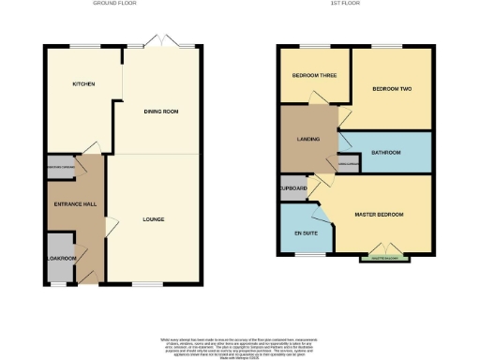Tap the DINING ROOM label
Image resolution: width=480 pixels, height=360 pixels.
click(x=160, y=112)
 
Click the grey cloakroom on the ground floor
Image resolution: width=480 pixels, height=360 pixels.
click(x=58, y=260)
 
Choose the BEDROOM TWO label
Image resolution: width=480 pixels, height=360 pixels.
click(x=393, y=89)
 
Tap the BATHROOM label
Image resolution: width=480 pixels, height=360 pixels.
click(x=385, y=153)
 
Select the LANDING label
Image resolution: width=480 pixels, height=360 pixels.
click(x=308, y=139)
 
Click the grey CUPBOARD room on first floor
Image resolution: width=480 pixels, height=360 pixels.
click(x=293, y=187)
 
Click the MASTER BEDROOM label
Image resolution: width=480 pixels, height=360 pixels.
click(x=379, y=215)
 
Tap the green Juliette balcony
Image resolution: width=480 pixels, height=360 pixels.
click(x=384, y=258)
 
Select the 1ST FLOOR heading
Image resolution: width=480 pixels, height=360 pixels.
click(x=353, y=4)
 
